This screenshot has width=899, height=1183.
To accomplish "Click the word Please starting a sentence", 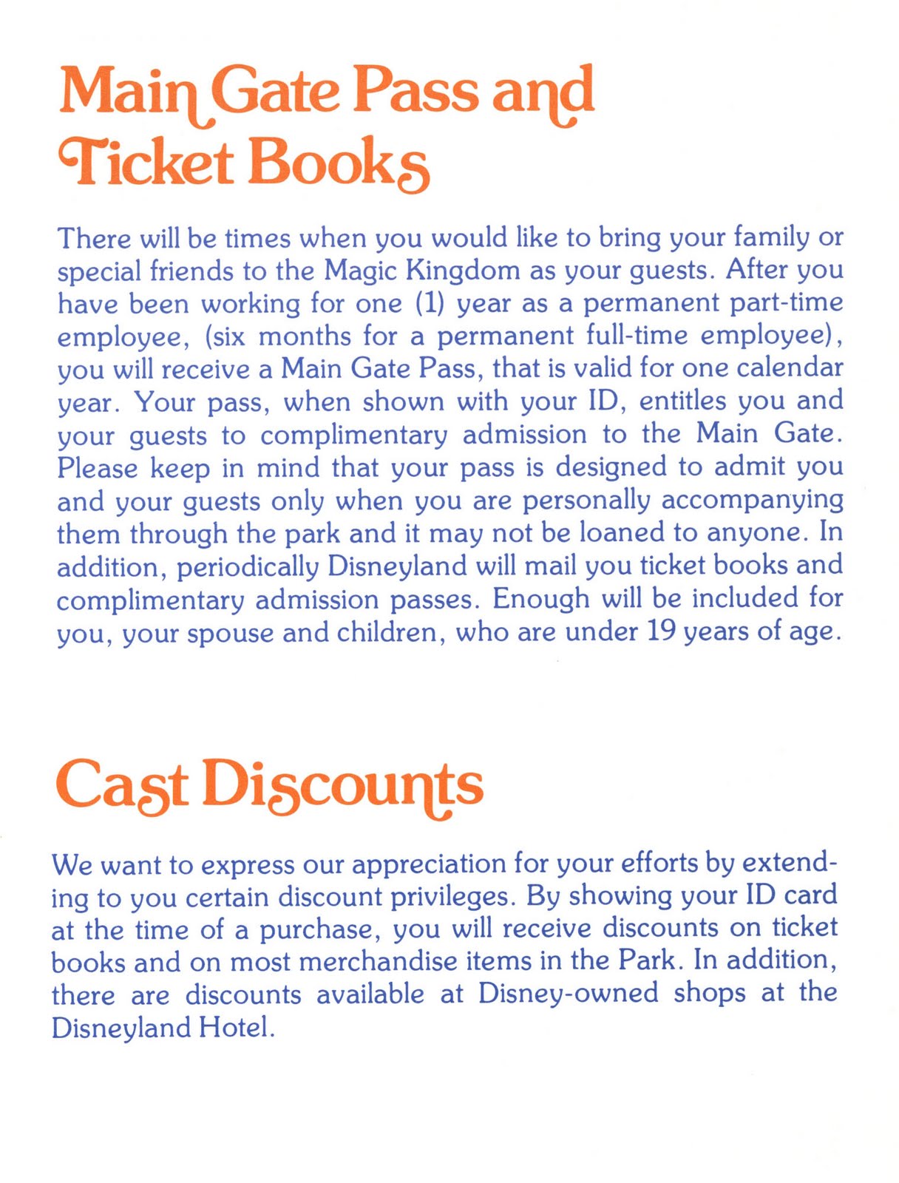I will tap(98, 467).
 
